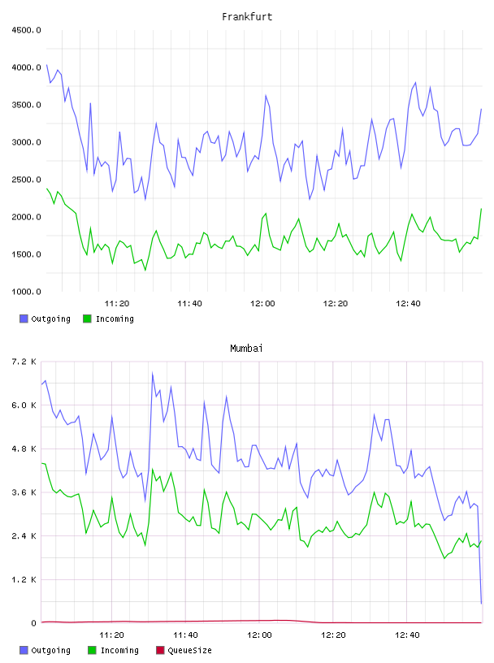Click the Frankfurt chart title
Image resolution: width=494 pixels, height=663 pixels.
pyautogui.click(x=247, y=17)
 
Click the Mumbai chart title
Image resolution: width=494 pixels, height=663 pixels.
pyautogui.click(x=246, y=349)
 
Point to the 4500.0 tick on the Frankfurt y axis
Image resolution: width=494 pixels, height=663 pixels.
pyautogui.click(x=26, y=30)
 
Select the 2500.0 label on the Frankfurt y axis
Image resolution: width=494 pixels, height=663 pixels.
pyautogui.click(x=26, y=180)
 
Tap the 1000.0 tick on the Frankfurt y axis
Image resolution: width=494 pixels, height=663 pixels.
pyautogui.click(x=26, y=292)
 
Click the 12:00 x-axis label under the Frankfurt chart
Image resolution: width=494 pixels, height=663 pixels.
pyautogui.click(x=262, y=304)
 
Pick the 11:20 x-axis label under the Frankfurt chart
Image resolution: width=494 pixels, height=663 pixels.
pyautogui.click(x=117, y=304)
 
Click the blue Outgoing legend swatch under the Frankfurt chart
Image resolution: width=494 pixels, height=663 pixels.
pyautogui.click(x=24, y=318)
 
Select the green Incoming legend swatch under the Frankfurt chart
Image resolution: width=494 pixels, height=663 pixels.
pyautogui.click(x=87, y=318)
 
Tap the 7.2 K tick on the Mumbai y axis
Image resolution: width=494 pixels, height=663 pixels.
pyautogui.click(x=24, y=362)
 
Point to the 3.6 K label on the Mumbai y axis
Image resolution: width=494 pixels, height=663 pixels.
pyautogui.click(x=24, y=492)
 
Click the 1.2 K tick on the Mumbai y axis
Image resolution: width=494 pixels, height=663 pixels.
pyautogui.click(x=24, y=579)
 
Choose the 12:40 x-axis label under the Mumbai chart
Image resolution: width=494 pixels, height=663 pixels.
pyautogui.click(x=407, y=635)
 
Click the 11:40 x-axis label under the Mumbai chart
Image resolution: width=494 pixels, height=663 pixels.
pyautogui.click(x=186, y=635)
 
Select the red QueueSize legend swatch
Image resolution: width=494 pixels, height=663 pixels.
pyautogui.click(x=160, y=650)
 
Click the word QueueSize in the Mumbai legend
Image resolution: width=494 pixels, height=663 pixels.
pyautogui.click(x=190, y=651)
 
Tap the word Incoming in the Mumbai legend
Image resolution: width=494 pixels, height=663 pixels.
pyautogui.click(x=119, y=651)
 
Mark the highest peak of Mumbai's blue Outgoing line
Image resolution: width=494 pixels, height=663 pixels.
pyautogui.click(x=152, y=373)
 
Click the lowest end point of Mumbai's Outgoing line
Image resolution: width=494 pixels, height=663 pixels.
pyautogui.click(x=481, y=604)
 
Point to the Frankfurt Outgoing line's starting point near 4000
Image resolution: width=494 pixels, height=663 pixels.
pyautogui.click(x=46, y=65)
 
